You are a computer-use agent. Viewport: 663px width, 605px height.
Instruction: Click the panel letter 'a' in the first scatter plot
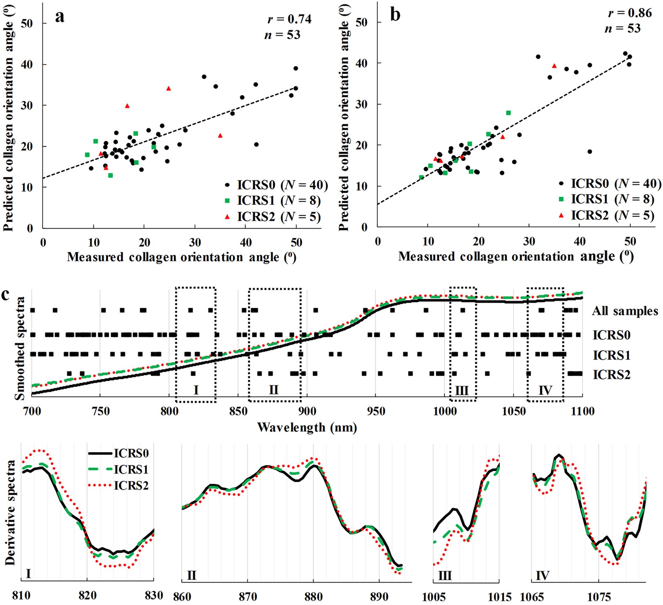click(x=60, y=16)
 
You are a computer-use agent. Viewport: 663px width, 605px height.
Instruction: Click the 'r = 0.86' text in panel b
click(x=629, y=13)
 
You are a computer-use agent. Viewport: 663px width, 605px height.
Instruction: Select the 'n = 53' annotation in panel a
click(x=282, y=35)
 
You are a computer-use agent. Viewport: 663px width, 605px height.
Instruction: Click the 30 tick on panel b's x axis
click(x=529, y=242)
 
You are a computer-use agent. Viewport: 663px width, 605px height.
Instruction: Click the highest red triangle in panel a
click(x=168, y=88)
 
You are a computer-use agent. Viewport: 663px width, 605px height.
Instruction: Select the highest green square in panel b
click(x=508, y=113)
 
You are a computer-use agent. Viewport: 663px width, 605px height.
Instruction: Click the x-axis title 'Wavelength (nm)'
click(x=307, y=427)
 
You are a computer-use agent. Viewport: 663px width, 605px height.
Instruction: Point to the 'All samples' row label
click(x=625, y=311)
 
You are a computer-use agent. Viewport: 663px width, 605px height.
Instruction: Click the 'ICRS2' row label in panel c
click(x=611, y=374)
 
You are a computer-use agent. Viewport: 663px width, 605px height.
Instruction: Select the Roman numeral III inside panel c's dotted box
click(x=462, y=390)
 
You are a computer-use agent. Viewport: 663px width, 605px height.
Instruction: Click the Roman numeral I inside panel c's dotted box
click(x=196, y=390)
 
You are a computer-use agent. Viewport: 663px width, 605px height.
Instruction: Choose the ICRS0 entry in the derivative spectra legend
click(x=131, y=453)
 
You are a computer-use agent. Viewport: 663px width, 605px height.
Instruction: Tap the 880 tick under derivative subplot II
click(x=313, y=596)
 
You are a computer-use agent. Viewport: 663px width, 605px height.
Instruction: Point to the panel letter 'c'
click(x=6, y=294)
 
